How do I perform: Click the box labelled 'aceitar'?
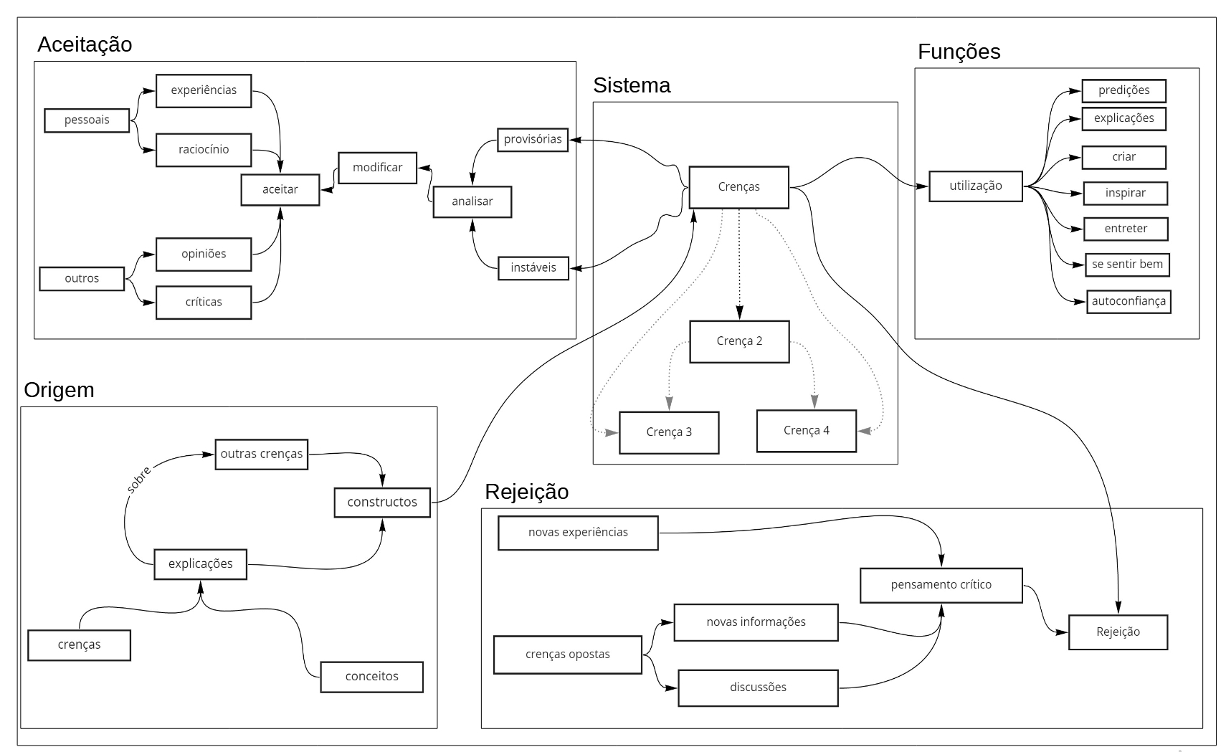(280, 189)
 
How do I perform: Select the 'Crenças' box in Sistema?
(738, 187)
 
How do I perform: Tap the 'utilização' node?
(975, 186)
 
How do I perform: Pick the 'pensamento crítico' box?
(941, 585)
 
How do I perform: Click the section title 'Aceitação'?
(85, 44)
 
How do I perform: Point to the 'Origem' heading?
(59, 390)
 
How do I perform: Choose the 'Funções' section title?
(959, 52)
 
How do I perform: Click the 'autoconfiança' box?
(1128, 301)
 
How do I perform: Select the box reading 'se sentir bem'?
(1126, 265)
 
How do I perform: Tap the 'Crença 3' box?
(669, 432)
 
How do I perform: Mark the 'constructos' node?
(382, 502)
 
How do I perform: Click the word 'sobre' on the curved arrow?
(138, 480)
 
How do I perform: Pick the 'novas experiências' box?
(578, 533)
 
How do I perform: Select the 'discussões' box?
(758, 687)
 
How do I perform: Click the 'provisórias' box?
(533, 139)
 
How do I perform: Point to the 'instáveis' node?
(533, 267)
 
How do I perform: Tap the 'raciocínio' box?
(204, 150)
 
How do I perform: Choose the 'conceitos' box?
(371, 676)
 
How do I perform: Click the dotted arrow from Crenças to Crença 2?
(739, 265)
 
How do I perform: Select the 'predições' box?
(1123, 90)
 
